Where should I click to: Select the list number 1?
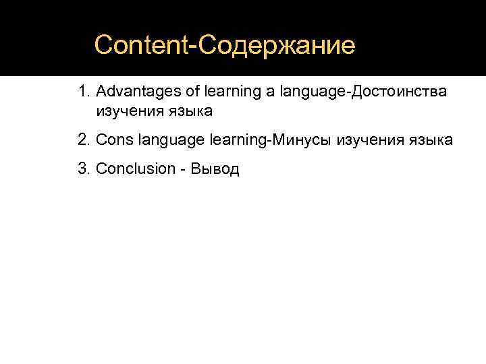pyautogui.click(x=83, y=91)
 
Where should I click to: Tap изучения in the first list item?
pyautogui.click(x=128, y=110)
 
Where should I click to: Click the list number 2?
pyautogui.click(x=83, y=140)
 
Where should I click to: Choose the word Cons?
pyautogui.click(x=115, y=140)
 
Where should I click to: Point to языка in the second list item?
pyautogui.click(x=429, y=140)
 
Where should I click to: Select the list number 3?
pyautogui.click(x=83, y=169)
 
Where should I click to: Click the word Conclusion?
pyautogui.click(x=136, y=169)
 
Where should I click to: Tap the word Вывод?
pyautogui.click(x=215, y=169)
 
